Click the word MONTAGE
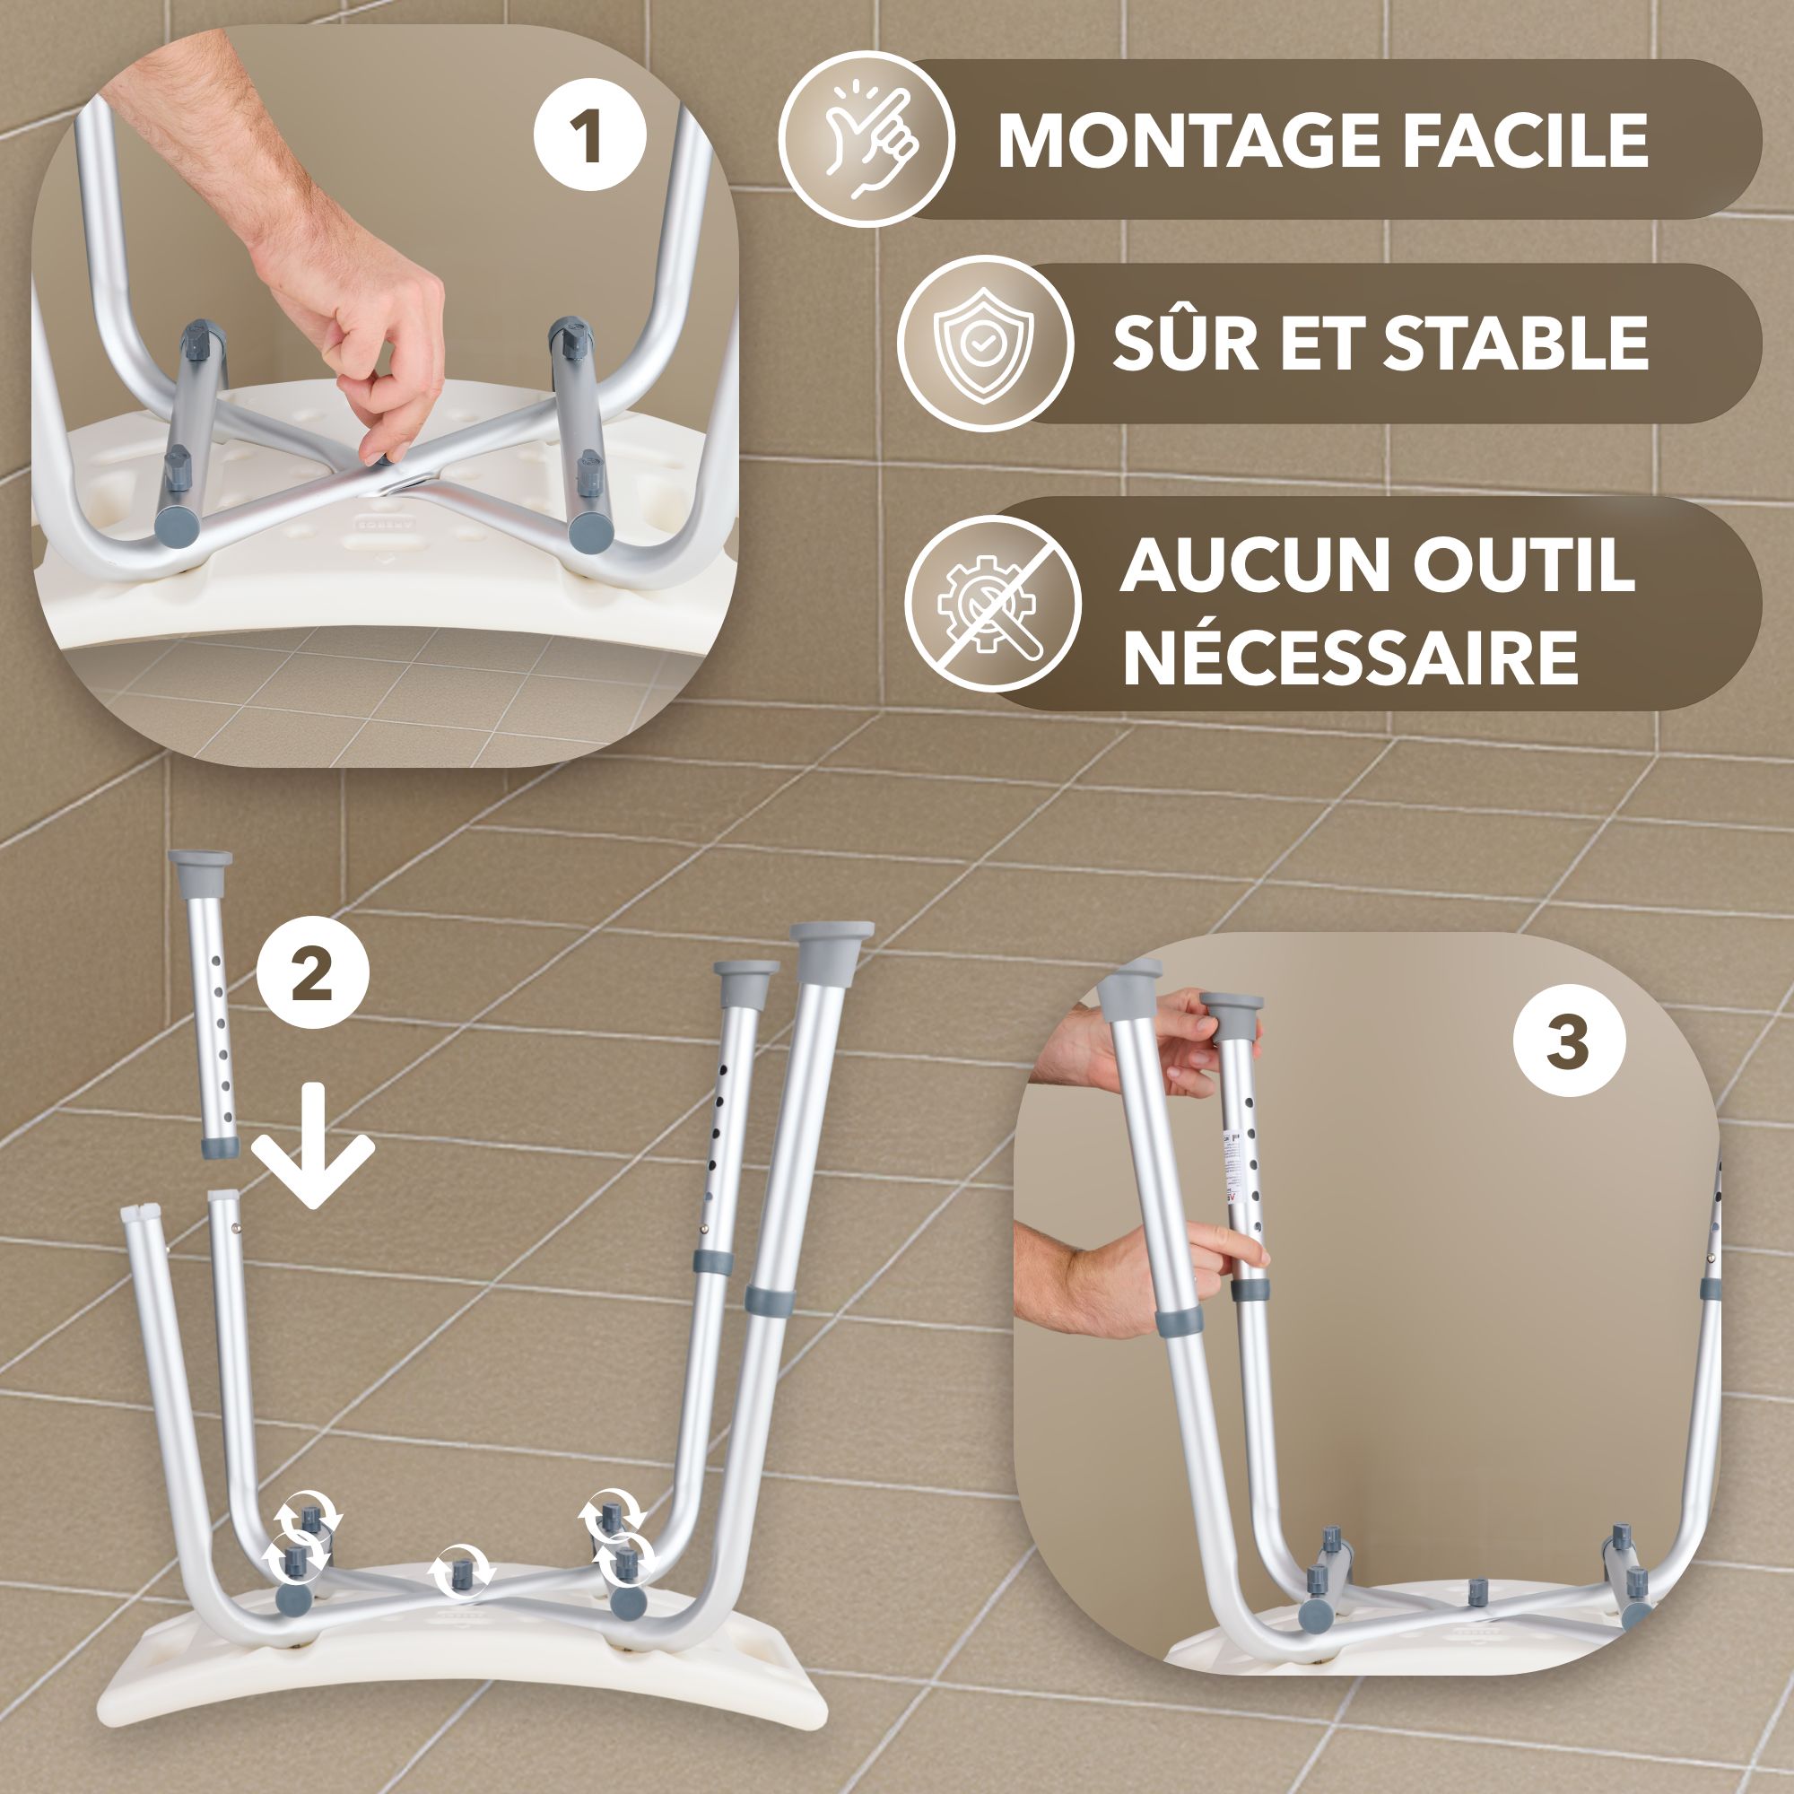tap(1189, 141)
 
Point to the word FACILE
tap(1526, 141)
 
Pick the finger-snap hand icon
tap(867, 139)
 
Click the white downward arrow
tap(313, 1145)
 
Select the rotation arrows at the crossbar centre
tap(460, 1572)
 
